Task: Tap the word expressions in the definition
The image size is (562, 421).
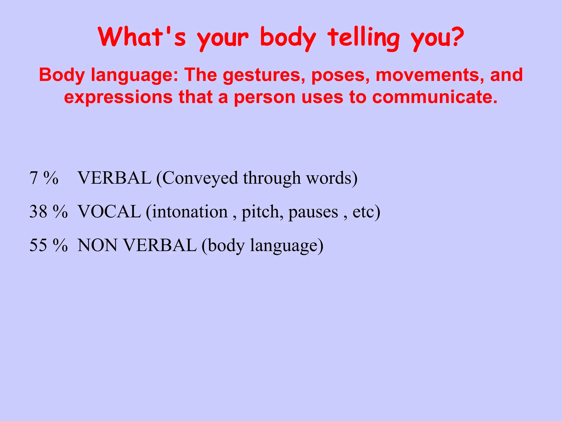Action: pyautogui.click(x=118, y=97)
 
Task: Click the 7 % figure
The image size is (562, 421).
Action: pyautogui.click(x=44, y=178)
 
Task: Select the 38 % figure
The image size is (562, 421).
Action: pyautogui.click(x=48, y=212)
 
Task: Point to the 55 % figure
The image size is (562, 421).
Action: pyautogui.click(x=48, y=245)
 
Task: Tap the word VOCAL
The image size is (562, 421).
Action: pyautogui.click(x=109, y=212)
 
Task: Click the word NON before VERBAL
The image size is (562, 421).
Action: pyautogui.click(x=97, y=245)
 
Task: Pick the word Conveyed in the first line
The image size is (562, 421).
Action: pyautogui.click(x=199, y=178)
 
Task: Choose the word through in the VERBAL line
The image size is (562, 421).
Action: pyautogui.click(x=272, y=178)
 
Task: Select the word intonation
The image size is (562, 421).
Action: pyautogui.click(x=190, y=212)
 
